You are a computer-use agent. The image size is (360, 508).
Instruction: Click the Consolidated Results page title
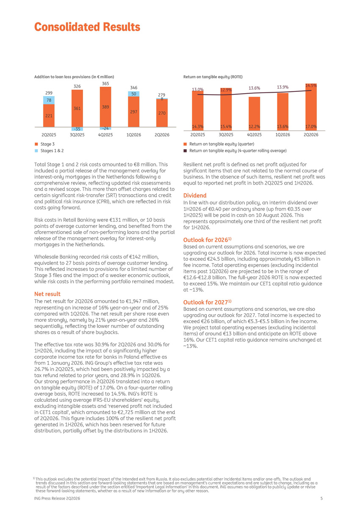pos(87,27)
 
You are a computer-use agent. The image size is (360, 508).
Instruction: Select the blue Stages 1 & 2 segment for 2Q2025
pos(49,100)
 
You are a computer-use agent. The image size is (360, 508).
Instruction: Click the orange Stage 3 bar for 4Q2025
pos(105,107)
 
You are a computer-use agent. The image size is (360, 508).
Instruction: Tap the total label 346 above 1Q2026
pos(133,88)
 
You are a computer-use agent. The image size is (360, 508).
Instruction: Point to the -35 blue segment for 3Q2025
pos(77,129)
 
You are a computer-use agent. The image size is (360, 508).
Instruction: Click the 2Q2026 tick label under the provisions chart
pos(162,135)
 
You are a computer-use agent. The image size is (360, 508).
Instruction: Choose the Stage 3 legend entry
pos(45,144)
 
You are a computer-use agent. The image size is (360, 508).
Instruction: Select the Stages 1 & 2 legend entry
pos(49,151)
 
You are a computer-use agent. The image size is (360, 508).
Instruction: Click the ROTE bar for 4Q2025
pos(254,113)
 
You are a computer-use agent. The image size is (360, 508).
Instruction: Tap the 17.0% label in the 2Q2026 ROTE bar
pos(311,127)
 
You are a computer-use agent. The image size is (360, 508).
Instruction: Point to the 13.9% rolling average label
pos(282,87)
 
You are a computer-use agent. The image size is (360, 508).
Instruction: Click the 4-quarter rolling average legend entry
pos(235,151)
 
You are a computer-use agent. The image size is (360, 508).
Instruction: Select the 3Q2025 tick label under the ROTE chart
pos(226,135)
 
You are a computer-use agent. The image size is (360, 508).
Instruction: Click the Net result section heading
pos(47,294)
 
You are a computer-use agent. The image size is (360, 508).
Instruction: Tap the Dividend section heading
pos(195,195)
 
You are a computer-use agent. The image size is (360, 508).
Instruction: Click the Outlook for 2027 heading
pos(208,302)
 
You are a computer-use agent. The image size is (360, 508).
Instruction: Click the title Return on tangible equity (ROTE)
pos(213,77)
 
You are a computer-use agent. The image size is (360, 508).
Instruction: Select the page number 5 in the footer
pos(321,498)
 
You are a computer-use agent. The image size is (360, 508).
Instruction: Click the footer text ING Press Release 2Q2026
pos(57,498)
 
